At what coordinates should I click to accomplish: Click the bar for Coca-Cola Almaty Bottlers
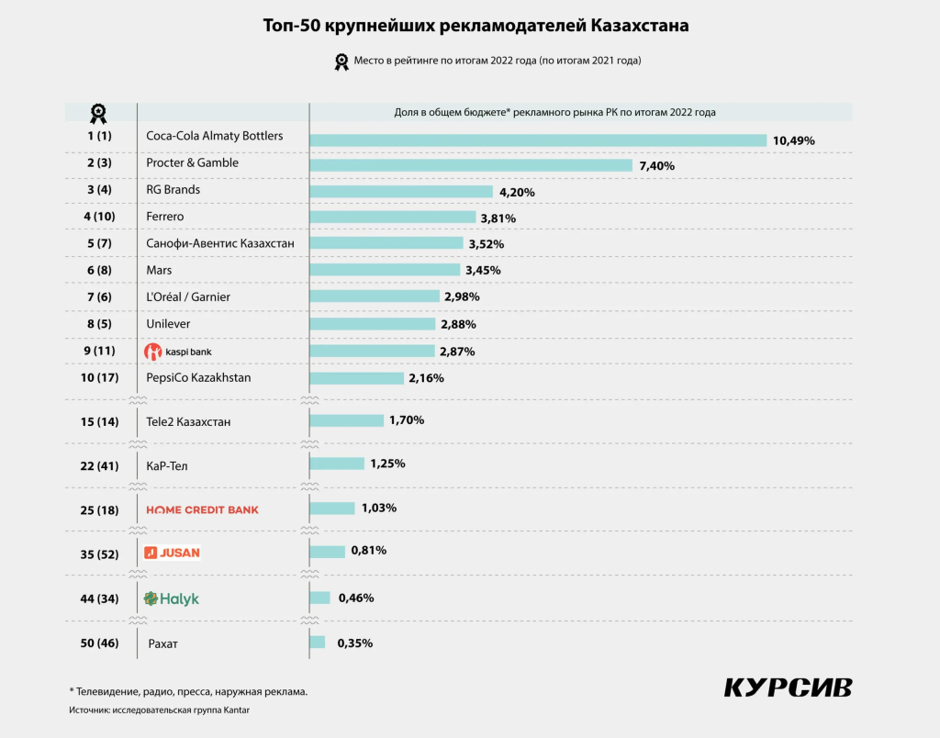(x=538, y=140)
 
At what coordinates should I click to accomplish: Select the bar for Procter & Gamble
(x=471, y=166)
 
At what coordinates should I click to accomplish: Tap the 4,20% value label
(x=517, y=193)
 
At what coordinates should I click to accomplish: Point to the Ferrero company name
(x=165, y=217)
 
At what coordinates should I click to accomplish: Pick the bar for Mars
(x=385, y=270)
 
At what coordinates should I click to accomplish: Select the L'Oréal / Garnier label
(x=188, y=296)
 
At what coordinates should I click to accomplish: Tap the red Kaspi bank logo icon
(x=153, y=352)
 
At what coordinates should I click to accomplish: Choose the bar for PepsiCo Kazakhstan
(x=356, y=378)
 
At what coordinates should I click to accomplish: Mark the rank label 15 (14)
(x=99, y=422)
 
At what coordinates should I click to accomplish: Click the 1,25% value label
(x=387, y=464)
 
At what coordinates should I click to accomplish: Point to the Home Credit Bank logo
(x=203, y=509)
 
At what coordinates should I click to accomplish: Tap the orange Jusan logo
(x=172, y=553)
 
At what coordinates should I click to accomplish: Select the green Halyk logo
(x=171, y=598)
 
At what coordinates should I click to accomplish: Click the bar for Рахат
(x=318, y=643)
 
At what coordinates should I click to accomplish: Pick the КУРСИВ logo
(x=789, y=688)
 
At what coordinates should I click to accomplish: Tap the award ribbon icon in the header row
(x=98, y=113)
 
